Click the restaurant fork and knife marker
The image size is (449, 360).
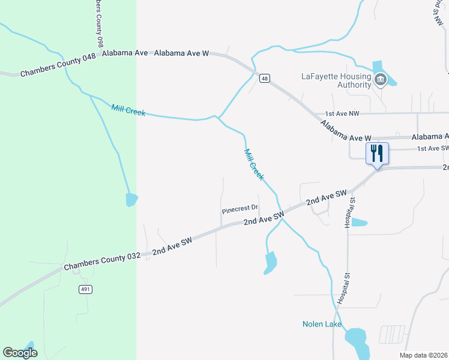(377, 154)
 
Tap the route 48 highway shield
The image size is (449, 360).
(264, 79)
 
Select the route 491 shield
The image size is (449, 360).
(85, 289)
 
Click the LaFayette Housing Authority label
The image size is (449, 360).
(336, 80)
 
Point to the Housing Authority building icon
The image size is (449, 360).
(379, 79)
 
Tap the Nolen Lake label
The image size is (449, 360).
(322, 325)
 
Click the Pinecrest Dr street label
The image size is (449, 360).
(240, 210)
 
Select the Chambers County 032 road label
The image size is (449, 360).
(101, 260)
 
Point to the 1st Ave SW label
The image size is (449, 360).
(432, 148)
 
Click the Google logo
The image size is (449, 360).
(20, 353)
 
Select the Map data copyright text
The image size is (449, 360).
(424, 355)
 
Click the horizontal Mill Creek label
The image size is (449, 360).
(128, 110)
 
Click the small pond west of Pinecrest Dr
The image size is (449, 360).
(131, 199)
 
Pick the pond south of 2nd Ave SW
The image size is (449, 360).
(271, 261)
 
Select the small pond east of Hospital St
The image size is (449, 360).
(359, 223)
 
